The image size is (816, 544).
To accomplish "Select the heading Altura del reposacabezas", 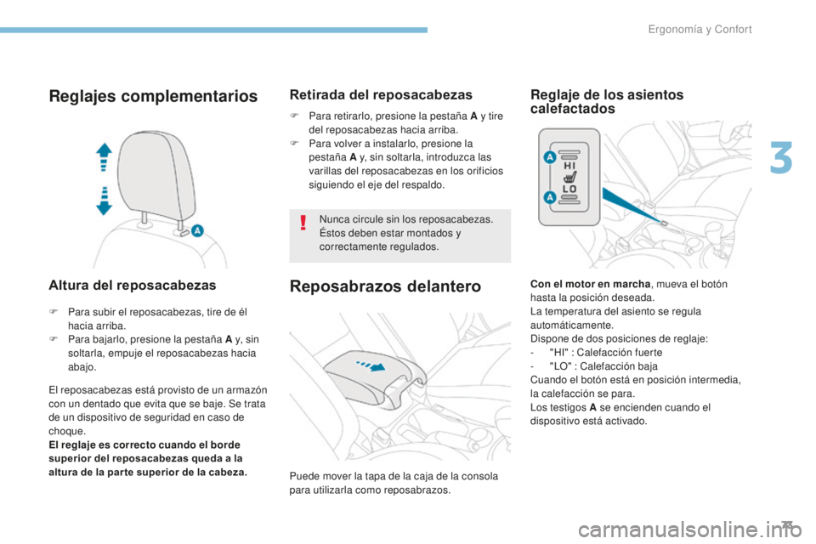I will (131, 285).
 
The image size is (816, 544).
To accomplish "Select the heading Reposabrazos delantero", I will (385, 286).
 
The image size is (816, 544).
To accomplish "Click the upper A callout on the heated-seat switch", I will (548, 158).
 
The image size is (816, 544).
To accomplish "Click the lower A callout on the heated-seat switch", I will (548, 196).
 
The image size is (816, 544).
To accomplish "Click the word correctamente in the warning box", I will (348, 246).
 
